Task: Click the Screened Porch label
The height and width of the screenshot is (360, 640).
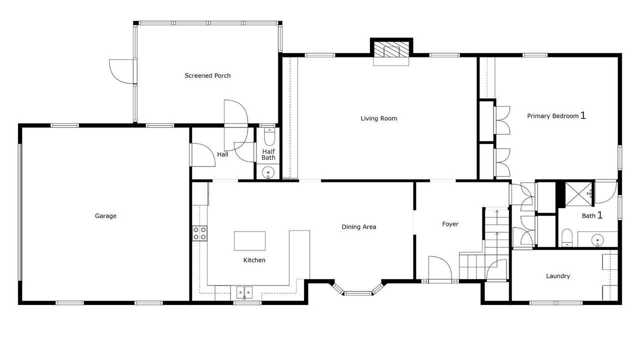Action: point(207,75)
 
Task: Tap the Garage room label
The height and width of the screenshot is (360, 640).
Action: point(105,216)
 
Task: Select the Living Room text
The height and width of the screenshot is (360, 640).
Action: point(379,118)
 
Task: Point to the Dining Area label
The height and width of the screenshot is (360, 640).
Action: point(359,227)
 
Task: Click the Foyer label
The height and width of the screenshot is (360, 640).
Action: point(450,224)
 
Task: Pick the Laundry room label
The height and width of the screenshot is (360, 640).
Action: point(558,276)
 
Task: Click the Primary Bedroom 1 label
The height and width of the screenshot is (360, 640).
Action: point(556,115)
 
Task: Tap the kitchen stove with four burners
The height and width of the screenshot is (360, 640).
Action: point(199,233)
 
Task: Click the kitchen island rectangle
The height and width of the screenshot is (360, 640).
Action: point(249,241)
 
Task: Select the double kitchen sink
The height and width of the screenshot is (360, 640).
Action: point(244,293)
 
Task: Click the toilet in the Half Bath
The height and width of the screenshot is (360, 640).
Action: point(269,137)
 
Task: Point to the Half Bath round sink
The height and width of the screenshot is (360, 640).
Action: point(268,172)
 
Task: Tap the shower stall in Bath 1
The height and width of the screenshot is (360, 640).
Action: point(579,194)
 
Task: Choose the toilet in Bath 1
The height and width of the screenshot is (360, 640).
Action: point(566,237)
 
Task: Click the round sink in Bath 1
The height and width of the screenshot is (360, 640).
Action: point(597,239)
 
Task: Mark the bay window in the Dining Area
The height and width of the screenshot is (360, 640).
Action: point(357,289)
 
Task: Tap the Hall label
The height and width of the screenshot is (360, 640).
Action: point(222,154)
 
